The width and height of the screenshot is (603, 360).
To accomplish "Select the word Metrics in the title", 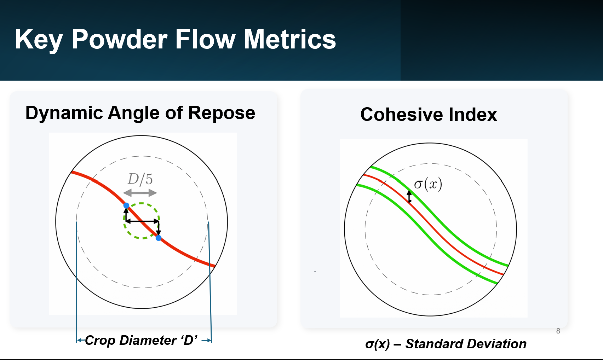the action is pos(290,39).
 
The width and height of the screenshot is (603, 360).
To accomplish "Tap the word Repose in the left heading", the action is pos(222,113).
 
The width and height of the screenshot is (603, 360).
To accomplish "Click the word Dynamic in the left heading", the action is pos(64,113).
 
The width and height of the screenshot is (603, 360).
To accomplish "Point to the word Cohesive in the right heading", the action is pos(401,115).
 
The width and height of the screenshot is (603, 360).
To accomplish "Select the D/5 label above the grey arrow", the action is pos(140,179).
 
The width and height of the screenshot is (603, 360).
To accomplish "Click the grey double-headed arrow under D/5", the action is pos(140,193).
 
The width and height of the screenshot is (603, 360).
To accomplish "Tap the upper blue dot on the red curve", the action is pos(126,205).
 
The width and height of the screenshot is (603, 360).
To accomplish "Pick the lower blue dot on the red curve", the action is pos(159,238).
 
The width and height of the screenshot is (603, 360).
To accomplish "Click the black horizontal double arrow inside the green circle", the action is pos(142,221).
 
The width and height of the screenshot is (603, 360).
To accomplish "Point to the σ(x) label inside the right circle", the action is pos(428,185).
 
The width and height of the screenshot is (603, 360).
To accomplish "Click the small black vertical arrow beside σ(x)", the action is pos(409,196).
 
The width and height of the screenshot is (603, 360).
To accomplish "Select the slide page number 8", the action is pos(558,331).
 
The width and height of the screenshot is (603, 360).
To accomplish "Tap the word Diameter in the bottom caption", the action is pos(148,340).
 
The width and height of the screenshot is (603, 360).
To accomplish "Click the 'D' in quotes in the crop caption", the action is pos(189,340).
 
